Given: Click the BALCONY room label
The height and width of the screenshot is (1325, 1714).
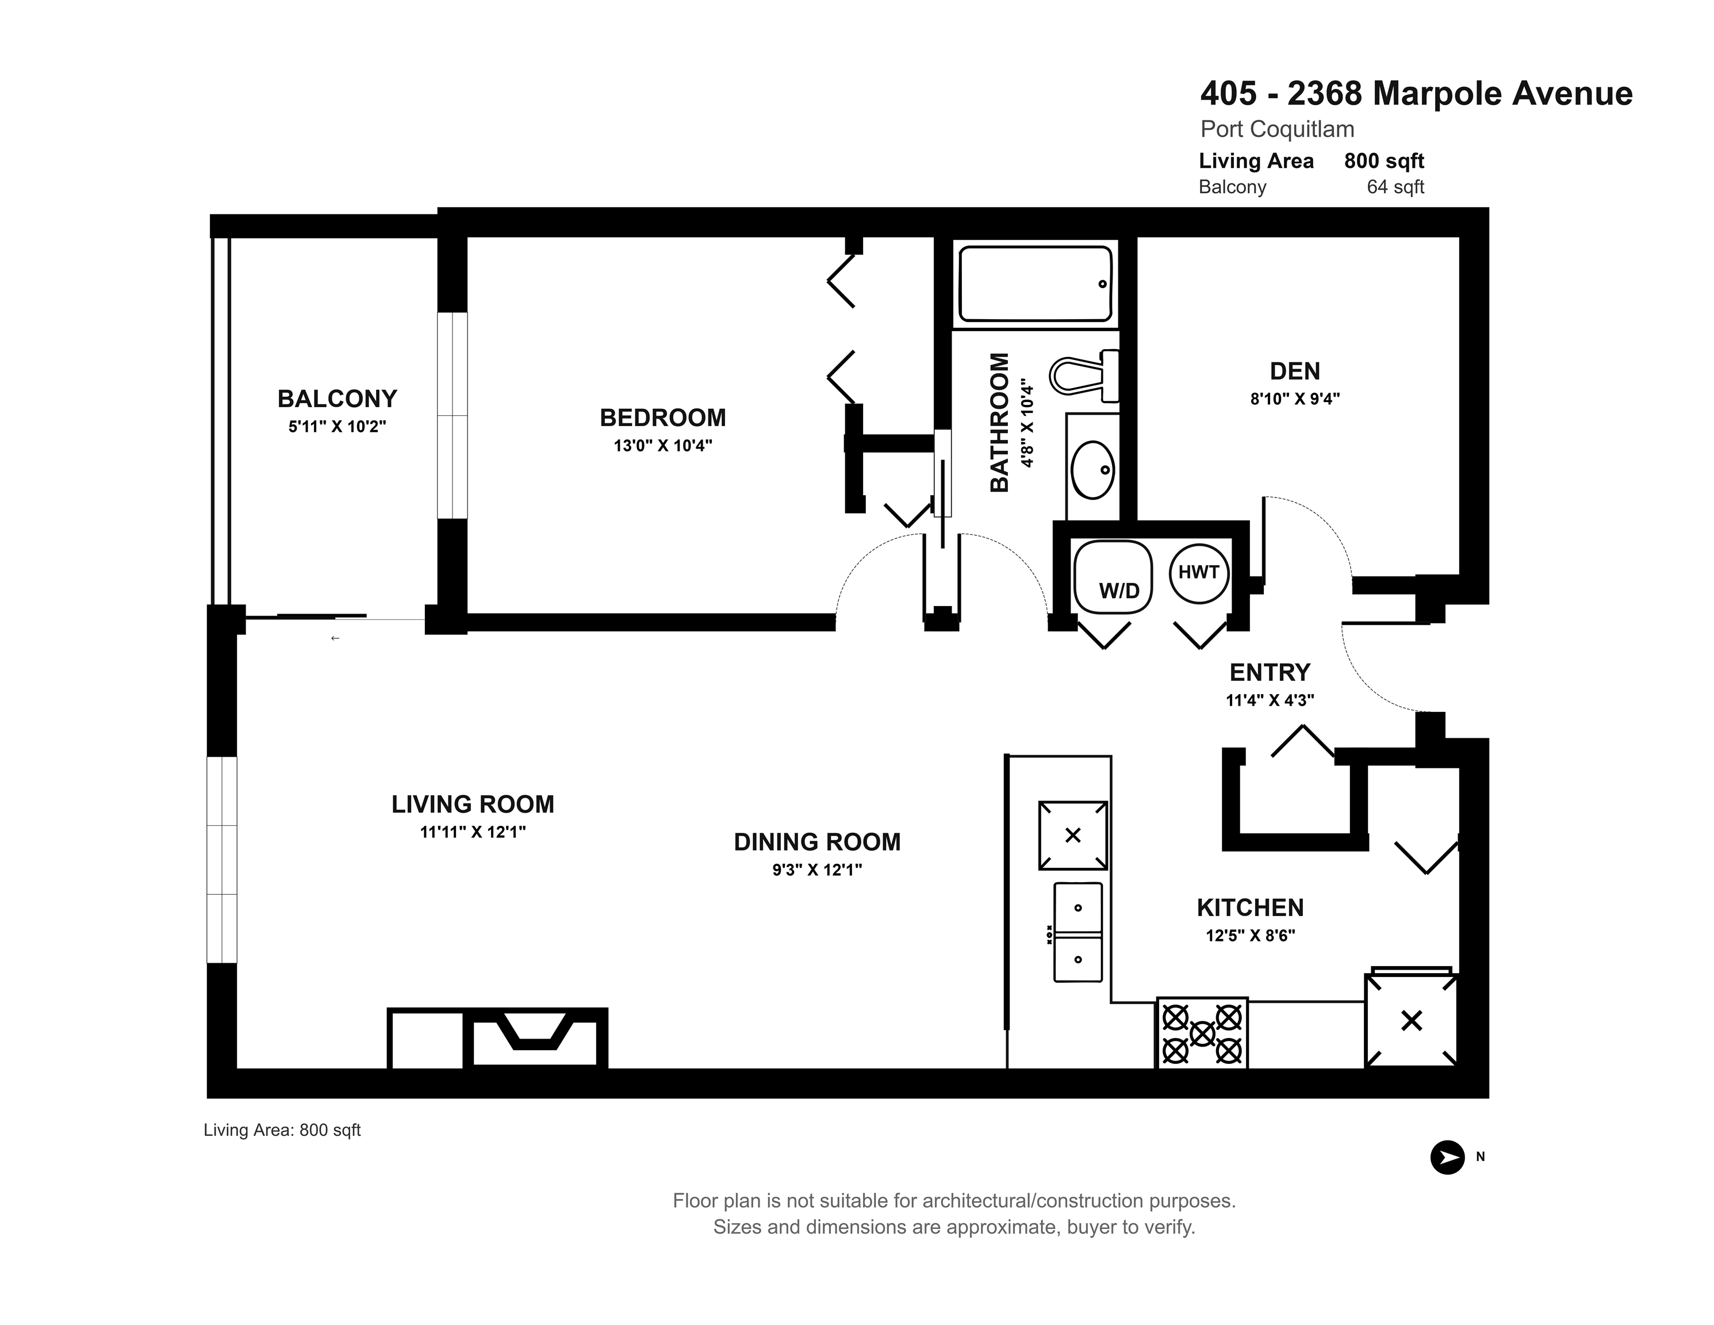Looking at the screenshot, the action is (338, 399).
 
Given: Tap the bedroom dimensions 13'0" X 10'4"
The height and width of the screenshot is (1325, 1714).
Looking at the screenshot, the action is (663, 446).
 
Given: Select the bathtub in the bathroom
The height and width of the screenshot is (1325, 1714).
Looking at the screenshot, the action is (1035, 284).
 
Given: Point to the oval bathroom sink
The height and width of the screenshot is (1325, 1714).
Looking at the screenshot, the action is (1092, 469).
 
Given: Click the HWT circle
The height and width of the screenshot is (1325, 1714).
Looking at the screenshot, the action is (1198, 573).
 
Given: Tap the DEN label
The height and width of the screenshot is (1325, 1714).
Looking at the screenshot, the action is (1295, 372).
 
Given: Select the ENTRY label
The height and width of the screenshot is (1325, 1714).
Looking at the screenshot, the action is (1270, 673).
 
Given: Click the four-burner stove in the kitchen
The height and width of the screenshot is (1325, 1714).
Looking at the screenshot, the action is (1202, 1033).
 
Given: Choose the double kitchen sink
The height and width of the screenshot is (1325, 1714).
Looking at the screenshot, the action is (1078, 932).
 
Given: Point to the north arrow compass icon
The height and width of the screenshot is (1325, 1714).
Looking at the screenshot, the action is (1447, 1157).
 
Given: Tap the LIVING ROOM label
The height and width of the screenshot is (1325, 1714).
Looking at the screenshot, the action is (473, 805).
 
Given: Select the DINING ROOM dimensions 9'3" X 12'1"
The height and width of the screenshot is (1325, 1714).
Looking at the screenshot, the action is (817, 870).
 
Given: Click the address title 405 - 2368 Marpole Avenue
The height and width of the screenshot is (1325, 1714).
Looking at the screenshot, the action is (1417, 93).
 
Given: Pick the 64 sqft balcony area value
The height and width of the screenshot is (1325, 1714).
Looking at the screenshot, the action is (1395, 187).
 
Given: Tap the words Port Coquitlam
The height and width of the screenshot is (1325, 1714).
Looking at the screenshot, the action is (1278, 129).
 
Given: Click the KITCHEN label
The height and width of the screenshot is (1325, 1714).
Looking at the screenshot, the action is (1250, 908).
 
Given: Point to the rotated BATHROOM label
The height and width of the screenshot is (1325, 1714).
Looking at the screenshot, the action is (999, 422).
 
